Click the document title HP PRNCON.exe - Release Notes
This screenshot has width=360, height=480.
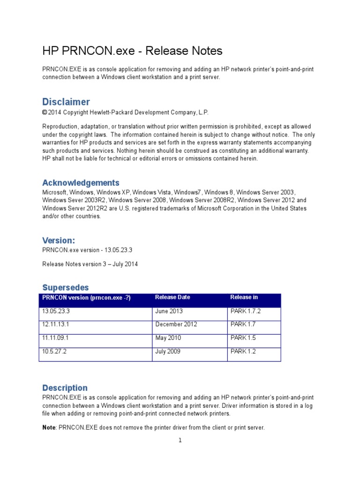pos(132,51)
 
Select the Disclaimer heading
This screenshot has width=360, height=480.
pos(66,102)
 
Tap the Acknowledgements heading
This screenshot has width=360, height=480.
pos(81,182)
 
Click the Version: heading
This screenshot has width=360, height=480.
pos(59,240)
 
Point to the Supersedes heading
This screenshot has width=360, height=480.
pos(65,287)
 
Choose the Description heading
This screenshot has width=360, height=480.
pos(65,388)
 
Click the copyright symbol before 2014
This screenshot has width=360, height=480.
pos(45,112)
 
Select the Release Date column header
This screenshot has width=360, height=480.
pos(172,297)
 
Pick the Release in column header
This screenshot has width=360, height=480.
pos(244,297)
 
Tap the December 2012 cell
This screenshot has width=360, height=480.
pos(176,324)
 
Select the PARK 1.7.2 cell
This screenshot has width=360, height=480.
pos(245,311)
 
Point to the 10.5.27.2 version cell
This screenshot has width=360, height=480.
pos(54,352)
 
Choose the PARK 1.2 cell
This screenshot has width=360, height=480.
pos(242,352)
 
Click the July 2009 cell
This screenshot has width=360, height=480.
pos(168,352)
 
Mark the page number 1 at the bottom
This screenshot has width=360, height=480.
pos(180,440)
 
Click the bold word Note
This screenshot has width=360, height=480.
pos(49,427)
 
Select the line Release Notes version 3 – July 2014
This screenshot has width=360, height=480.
pos(90,264)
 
